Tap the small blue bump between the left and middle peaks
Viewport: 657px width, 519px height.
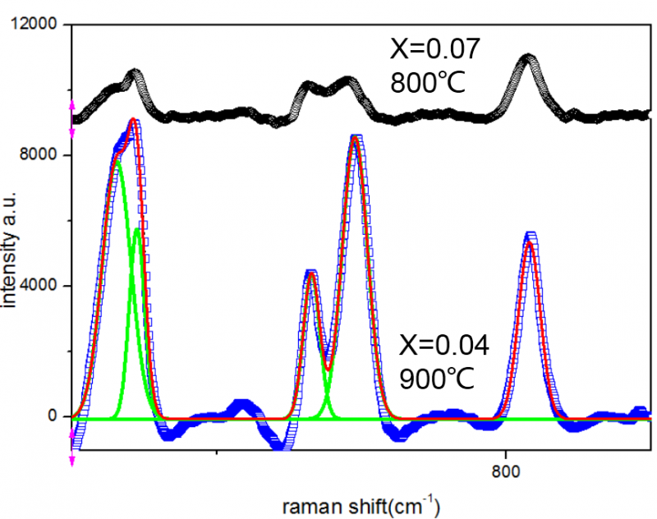241,406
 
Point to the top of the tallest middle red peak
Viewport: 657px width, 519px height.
355,140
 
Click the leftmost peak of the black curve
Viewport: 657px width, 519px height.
134,75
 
